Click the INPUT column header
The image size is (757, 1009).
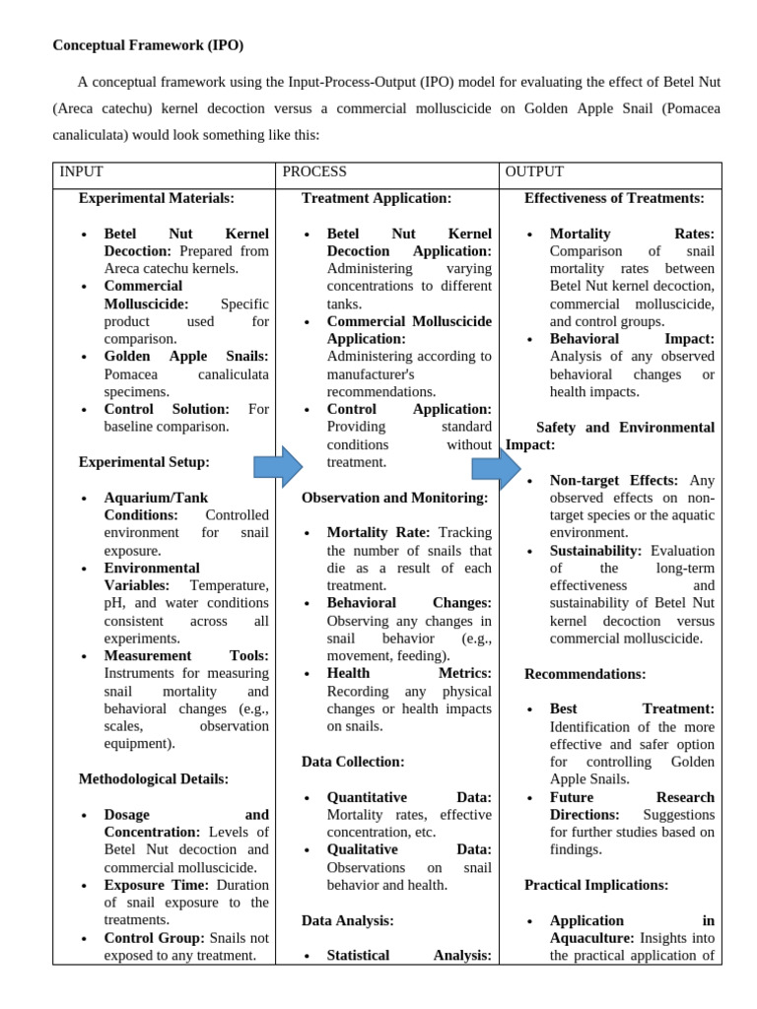[x=81, y=171]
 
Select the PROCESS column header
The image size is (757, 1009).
[x=314, y=171]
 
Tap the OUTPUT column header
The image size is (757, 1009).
[x=534, y=171]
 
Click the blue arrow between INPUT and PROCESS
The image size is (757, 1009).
[x=278, y=466]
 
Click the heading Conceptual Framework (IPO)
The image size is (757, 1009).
[x=148, y=45]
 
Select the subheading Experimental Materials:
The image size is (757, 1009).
[x=157, y=198]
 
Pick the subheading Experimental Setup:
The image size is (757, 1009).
[x=144, y=461]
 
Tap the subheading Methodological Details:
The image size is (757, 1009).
[x=154, y=778]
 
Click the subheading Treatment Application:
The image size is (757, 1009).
[x=377, y=198]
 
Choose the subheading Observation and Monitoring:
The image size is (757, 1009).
[x=394, y=498]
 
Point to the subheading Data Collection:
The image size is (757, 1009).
[x=353, y=762]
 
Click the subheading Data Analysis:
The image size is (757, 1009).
[x=348, y=919]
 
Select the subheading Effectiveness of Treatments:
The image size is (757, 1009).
[x=614, y=198]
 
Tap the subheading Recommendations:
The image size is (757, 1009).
[x=585, y=674]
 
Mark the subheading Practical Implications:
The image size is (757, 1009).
[x=596, y=885]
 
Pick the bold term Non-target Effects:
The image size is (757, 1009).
[x=614, y=480]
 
